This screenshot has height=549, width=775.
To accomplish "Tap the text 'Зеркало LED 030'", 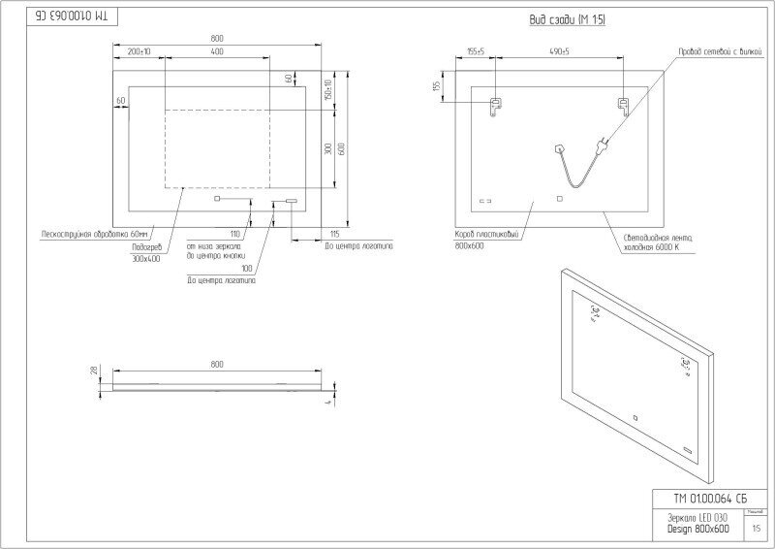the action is tap(688, 518).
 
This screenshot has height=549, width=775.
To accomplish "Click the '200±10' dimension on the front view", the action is tap(139, 50).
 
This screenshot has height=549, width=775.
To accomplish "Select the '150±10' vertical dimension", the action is tap(328, 89).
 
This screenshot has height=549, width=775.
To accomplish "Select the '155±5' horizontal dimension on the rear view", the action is tap(475, 50).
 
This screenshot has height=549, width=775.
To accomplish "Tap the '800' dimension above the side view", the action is tap(216, 365).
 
